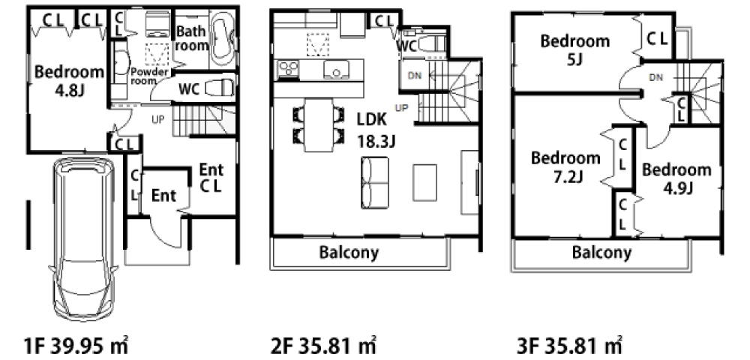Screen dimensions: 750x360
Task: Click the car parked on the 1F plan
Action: pyautogui.click(x=84, y=239)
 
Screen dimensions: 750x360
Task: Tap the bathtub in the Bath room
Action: pyautogui.click(x=223, y=40)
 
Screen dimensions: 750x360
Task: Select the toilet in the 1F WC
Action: pyautogui.click(x=220, y=88)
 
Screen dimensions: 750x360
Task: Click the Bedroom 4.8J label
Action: pyautogui.click(x=69, y=80)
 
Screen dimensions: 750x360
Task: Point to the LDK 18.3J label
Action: pyautogui.click(x=376, y=130)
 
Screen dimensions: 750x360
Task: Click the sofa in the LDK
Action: pyautogui.click(x=375, y=182)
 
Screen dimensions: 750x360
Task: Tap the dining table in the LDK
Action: pyautogui.click(x=319, y=125)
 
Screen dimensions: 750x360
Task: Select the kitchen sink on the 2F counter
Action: pyautogui.click(x=336, y=69)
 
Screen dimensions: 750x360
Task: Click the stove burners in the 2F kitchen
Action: pyautogui.click(x=286, y=69)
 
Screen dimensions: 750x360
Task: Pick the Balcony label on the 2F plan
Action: pyautogui.click(x=349, y=252)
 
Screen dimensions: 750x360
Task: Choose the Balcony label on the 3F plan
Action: pyautogui.click(x=601, y=252)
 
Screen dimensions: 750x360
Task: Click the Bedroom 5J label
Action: pyautogui.click(x=575, y=49)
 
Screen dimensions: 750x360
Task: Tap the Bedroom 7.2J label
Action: pyautogui.click(x=565, y=166)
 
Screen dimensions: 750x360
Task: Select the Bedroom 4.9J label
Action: pyautogui.click(x=676, y=178)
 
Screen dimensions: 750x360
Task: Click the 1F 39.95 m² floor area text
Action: pyautogui.click(x=76, y=345)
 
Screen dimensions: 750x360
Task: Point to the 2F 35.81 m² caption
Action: pyautogui.click(x=324, y=345)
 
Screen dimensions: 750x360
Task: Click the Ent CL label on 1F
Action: pyautogui.click(x=211, y=177)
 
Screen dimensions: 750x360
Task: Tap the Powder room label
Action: pyautogui.click(x=150, y=76)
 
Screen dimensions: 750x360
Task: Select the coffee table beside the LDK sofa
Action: pyautogui.click(x=424, y=182)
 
